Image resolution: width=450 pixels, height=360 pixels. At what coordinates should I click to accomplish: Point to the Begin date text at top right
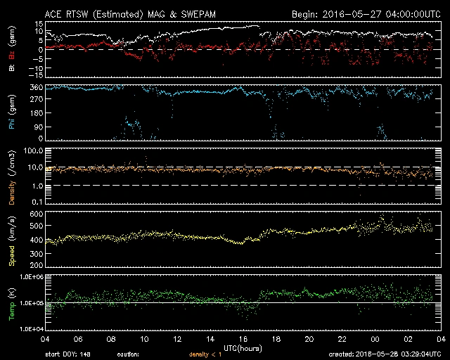[364, 14]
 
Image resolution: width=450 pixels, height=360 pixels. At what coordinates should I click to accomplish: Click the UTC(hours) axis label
[240, 348]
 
